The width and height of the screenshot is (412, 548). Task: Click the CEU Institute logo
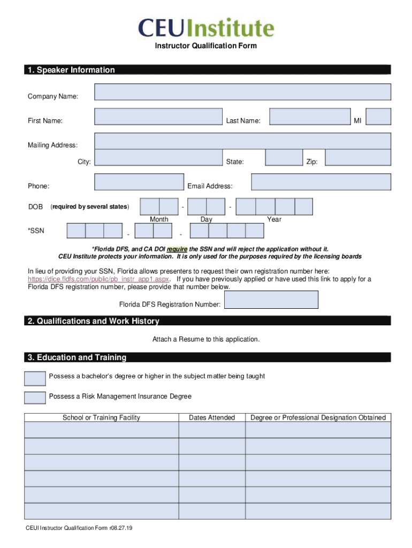[x=206, y=28]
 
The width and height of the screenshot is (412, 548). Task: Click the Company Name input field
[x=242, y=92]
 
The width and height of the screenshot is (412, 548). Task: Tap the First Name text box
[x=158, y=117]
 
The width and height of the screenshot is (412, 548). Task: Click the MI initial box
[x=378, y=117]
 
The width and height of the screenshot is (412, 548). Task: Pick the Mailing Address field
[x=242, y=141]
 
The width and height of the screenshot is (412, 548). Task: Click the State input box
[x=284, y=157]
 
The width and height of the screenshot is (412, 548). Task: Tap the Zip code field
[x=357, y=157]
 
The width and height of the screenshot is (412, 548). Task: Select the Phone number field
[x=139, y=182]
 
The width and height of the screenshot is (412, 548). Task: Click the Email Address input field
[x=321, y=182]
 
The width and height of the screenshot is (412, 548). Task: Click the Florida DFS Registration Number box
[x=271, y=300]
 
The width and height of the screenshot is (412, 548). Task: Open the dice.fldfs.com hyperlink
[x=98, y=279]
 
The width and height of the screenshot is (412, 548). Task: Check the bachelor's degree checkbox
[x=35, y=378]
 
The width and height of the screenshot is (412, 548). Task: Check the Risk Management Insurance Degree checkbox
[x=35, y=398]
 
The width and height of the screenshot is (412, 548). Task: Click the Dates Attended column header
[x=212, y=417]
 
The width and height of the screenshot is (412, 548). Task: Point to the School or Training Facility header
[x=101, y=417]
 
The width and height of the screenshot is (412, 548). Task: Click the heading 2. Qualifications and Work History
[x=93, y=321]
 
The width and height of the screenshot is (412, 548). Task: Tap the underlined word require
[x=177, y=249]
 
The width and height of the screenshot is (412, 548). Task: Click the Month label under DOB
[x=159, y=219]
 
